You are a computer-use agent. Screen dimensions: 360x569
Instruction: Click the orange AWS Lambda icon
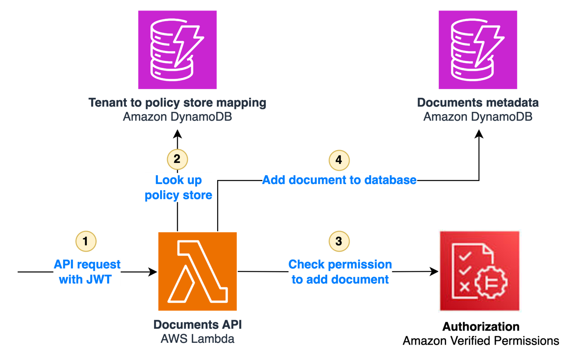197,271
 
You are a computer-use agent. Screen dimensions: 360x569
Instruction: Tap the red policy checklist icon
480,271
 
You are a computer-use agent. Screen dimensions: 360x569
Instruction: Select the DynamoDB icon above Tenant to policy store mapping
177,50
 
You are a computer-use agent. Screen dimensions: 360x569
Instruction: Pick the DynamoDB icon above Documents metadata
478,50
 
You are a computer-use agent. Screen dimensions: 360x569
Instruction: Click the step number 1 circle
86,241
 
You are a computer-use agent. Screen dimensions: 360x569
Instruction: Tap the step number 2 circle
177,159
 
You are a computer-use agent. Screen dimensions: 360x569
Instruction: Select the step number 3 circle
339,241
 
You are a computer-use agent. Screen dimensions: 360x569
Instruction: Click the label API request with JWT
87,272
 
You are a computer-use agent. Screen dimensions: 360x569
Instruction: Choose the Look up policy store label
179,187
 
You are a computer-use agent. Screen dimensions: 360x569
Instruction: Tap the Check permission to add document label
340,272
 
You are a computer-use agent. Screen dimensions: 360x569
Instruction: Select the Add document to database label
339,180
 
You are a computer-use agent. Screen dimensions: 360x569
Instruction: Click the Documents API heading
197,325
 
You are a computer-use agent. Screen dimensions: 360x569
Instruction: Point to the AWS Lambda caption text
197,338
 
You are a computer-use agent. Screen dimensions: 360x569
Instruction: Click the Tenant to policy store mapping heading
177,103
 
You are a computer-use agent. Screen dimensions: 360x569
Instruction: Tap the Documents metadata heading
478,103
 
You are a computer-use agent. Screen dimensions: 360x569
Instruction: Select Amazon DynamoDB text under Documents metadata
478,117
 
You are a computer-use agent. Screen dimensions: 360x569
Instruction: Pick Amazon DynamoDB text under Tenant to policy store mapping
177,117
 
